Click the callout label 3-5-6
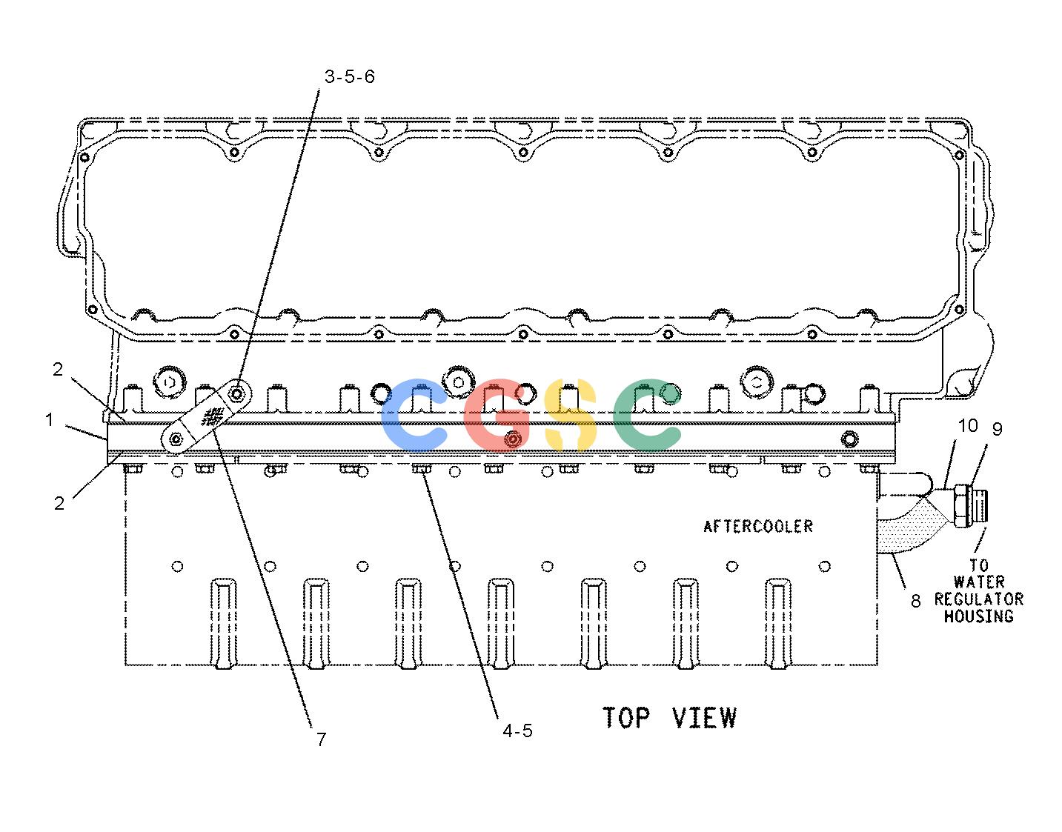(350, 77)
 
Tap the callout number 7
(321, 739)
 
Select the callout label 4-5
(517, 731)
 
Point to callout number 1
(50, 419)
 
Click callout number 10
(968, 426)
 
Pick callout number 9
(997, 429)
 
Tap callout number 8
(916, 601)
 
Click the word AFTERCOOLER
(758, 526)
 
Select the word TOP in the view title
(626, 718)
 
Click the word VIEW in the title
(704, 718)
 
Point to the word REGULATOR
(979, 599)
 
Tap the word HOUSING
(979, 616)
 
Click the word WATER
(979, 582)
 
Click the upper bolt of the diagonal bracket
(237, 393)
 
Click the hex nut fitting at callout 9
(961, 506)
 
